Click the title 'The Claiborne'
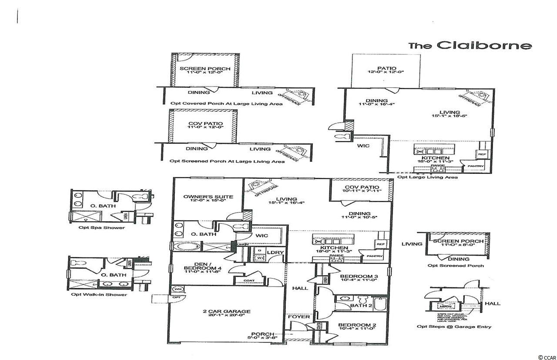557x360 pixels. click(470, 45)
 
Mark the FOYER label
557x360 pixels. click(300, 317)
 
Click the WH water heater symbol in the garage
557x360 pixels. click(177, 289)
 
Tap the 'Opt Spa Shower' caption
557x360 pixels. click(101, 228)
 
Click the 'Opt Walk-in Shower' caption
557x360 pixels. click(99, 294)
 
